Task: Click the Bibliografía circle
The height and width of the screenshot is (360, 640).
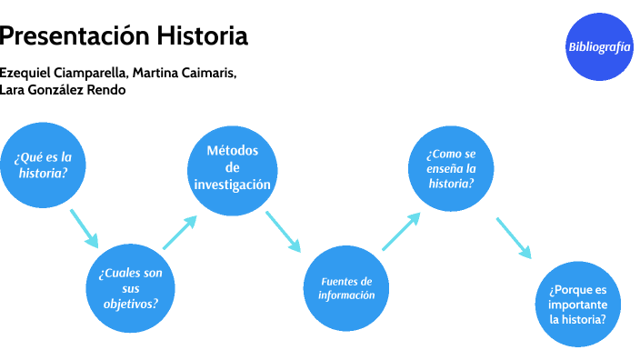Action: pyautogui.click(x=598, y=47)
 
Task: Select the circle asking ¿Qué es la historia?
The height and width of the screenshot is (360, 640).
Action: pyautogui.click(x=43, y=165)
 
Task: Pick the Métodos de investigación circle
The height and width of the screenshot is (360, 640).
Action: pyautogui.click(x=232, y=167)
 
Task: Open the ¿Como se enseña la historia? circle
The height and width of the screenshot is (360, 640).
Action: pyautogui.click(x=451, y=167)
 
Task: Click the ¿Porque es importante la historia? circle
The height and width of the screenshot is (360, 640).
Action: pyautogui.click(x=576, y=305)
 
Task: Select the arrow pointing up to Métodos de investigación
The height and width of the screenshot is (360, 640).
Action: pyautogui.click(x=180, y=232)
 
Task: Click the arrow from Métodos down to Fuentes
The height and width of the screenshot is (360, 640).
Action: pyautogui.click(x=283, y=231)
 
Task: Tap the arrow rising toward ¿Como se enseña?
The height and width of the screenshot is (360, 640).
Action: pyautogui.click(x=401, y=231)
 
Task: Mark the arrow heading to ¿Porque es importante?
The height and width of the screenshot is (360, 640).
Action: pyautogui.click(x=513, y=236)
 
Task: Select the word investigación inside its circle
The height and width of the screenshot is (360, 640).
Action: pyautogui.click(x=232, y=184)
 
